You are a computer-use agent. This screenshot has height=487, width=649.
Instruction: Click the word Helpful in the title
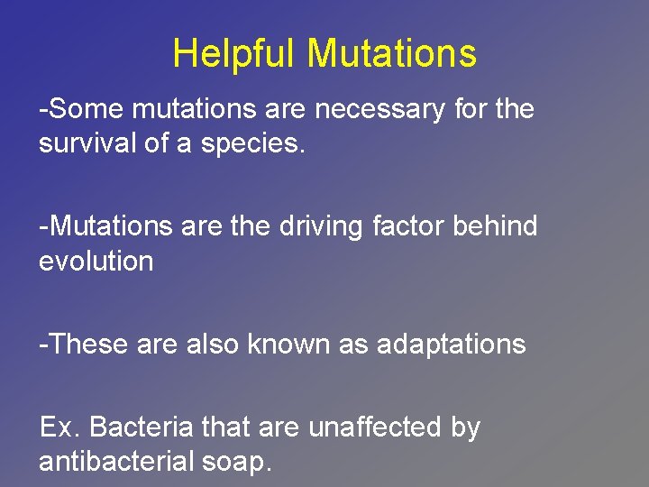(x=234, y=53)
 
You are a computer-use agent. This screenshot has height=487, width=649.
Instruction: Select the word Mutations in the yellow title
(x=391, y=53)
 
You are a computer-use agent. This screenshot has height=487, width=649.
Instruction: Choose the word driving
(x=321, y=226)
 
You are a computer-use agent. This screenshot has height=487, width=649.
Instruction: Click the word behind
(x=496, y=226)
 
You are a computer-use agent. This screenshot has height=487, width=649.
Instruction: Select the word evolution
(x=96, y=262)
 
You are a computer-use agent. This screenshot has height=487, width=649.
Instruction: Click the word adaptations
(x=451, y=344)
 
